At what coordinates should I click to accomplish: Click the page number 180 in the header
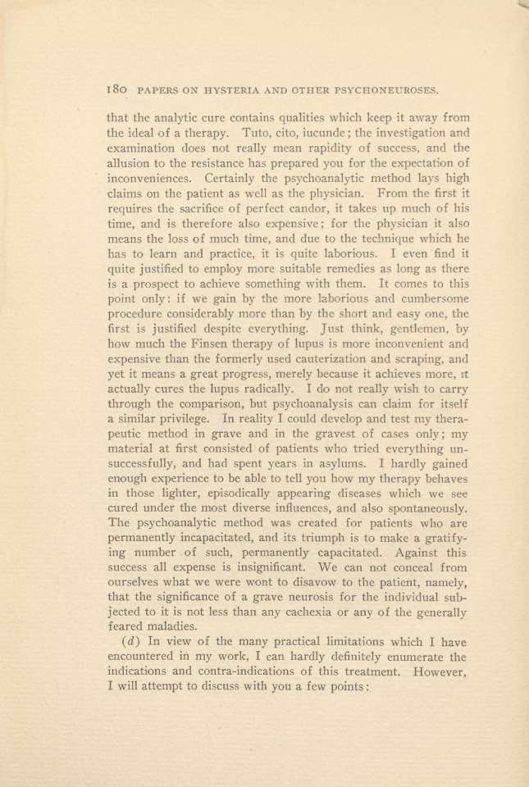[x=118, y=86]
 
